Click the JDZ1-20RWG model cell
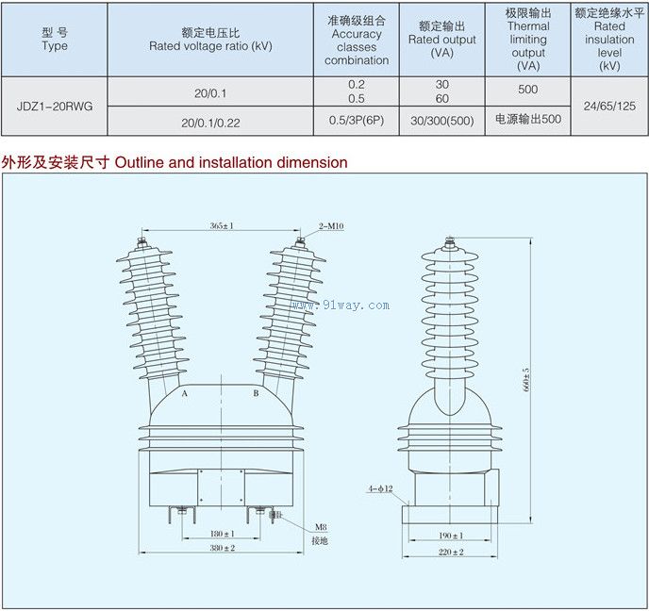point(55,106)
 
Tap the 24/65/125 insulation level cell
point(609,106)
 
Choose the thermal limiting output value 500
point(527,91)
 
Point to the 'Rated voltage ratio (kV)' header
point(210,45)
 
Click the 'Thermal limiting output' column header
point(527,40)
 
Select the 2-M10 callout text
point(329,226)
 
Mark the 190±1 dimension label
point(449,534)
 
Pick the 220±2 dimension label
point(449,552)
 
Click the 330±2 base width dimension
point(222,548)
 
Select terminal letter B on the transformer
point(256,392)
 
